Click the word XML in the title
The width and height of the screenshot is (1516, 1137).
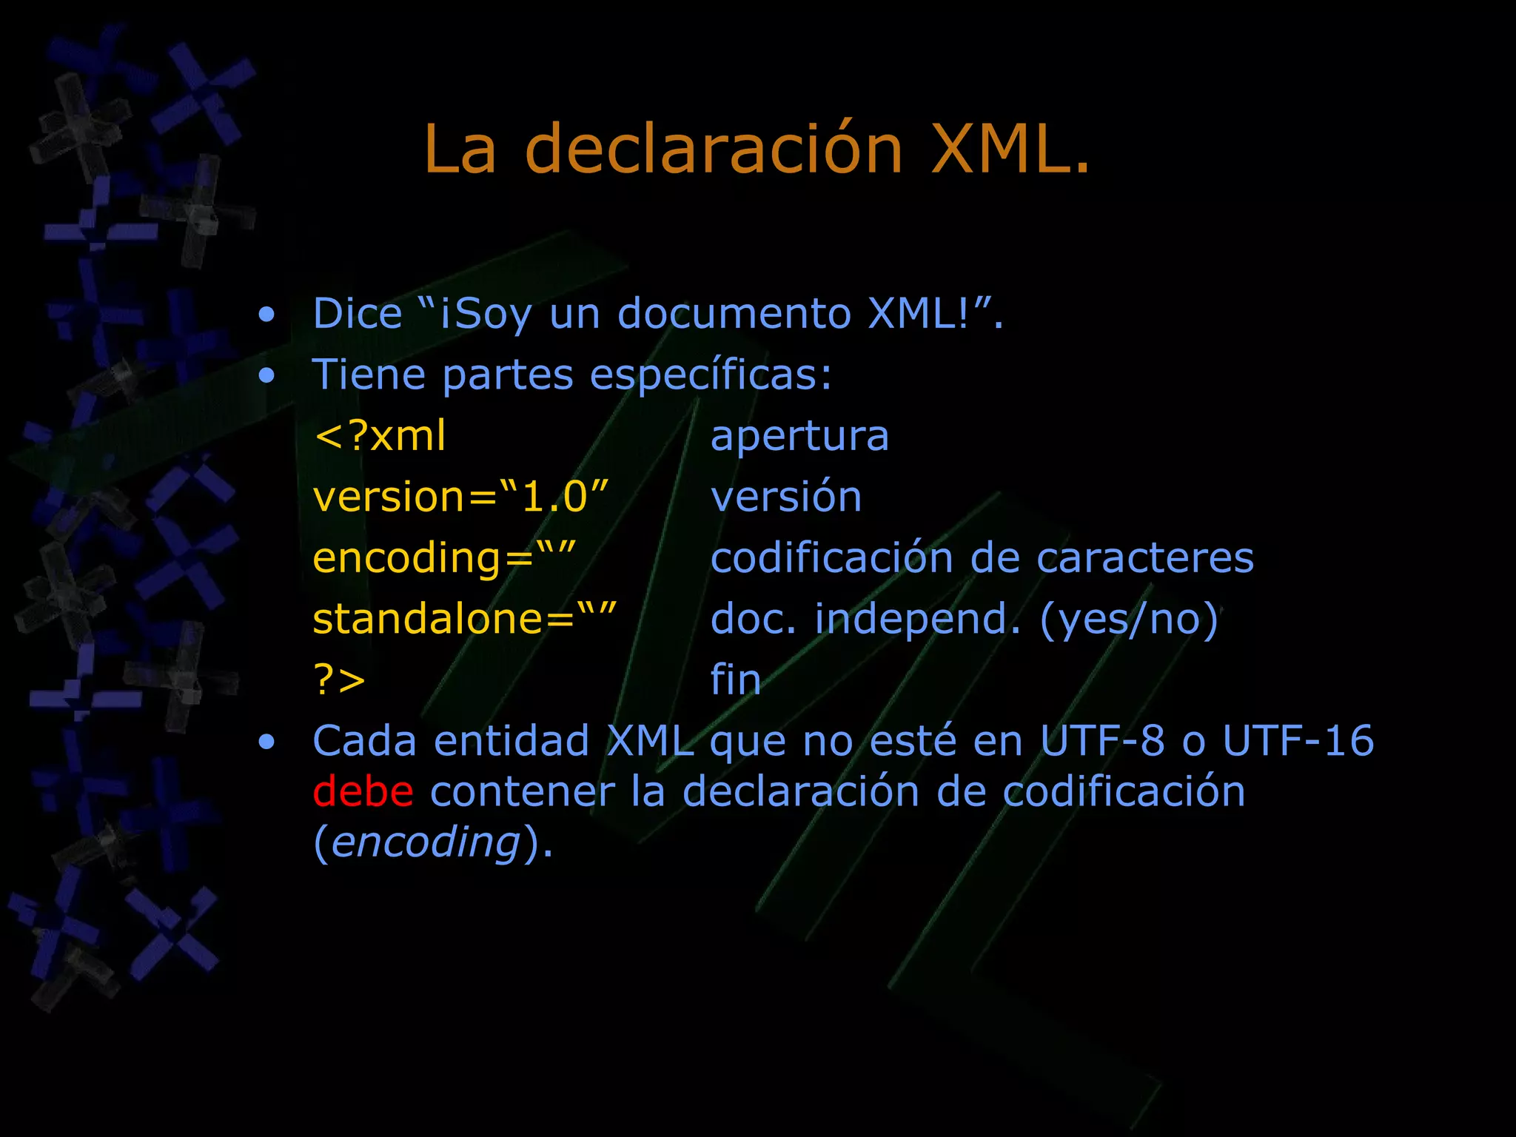point(1010,150)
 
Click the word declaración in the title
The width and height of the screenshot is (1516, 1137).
point(714,150)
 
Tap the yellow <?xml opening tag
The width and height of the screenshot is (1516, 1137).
point(380,435)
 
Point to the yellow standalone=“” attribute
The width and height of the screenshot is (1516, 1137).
point(464,618)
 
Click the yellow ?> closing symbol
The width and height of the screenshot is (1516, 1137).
point(339,680)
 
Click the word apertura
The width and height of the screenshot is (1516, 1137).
point(799,435)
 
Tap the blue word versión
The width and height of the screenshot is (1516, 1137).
point(786,497)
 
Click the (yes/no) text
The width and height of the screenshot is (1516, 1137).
point(1129,620)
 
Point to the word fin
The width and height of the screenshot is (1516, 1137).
point(736,680)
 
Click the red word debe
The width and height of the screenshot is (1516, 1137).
point(363,791)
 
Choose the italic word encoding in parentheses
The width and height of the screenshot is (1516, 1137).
point(426,842)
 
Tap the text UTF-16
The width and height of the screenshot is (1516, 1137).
point(1298,740)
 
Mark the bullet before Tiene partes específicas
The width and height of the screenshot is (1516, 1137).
point(266,376)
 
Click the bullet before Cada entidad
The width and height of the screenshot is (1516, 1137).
point(266,742)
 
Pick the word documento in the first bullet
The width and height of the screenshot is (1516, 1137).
point(734,313)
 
